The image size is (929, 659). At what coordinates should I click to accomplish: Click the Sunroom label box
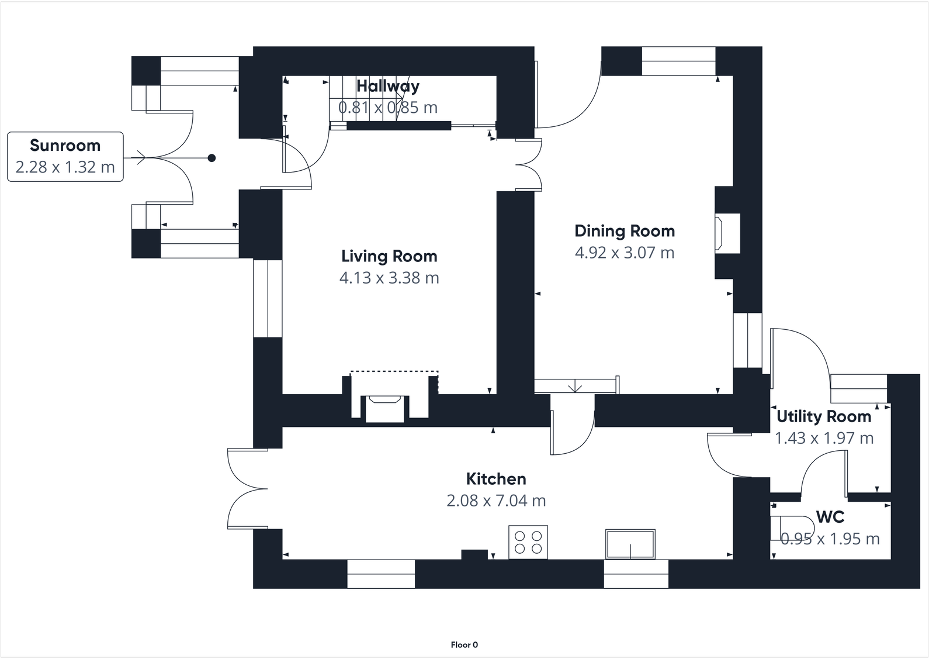(65, 157)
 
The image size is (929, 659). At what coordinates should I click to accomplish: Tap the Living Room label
(389, 256)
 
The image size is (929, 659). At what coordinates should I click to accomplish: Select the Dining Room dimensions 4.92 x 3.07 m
(625, 253)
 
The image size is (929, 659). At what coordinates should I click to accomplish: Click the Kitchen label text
(496, 479)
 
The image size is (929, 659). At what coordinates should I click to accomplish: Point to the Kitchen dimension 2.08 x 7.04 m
(496, 501)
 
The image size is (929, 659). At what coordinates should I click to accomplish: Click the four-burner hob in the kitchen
(528, 542)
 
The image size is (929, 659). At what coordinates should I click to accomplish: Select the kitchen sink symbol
(630, 544)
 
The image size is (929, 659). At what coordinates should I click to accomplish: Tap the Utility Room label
(824, 416)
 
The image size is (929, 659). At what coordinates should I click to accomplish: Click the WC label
(830, 517)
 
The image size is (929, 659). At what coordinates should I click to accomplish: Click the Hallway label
(388, 86)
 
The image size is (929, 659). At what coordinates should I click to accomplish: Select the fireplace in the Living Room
(384, 408)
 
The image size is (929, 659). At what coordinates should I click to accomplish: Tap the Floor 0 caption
(464, 645)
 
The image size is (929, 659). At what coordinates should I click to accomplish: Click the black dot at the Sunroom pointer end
(212, 158)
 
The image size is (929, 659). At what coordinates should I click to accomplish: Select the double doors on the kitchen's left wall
(245, 489)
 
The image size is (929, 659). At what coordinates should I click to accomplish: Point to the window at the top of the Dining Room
(678, 61)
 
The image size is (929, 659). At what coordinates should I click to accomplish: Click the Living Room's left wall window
(268, 298)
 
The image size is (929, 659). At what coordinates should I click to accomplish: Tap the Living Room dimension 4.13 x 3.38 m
(389, 278)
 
